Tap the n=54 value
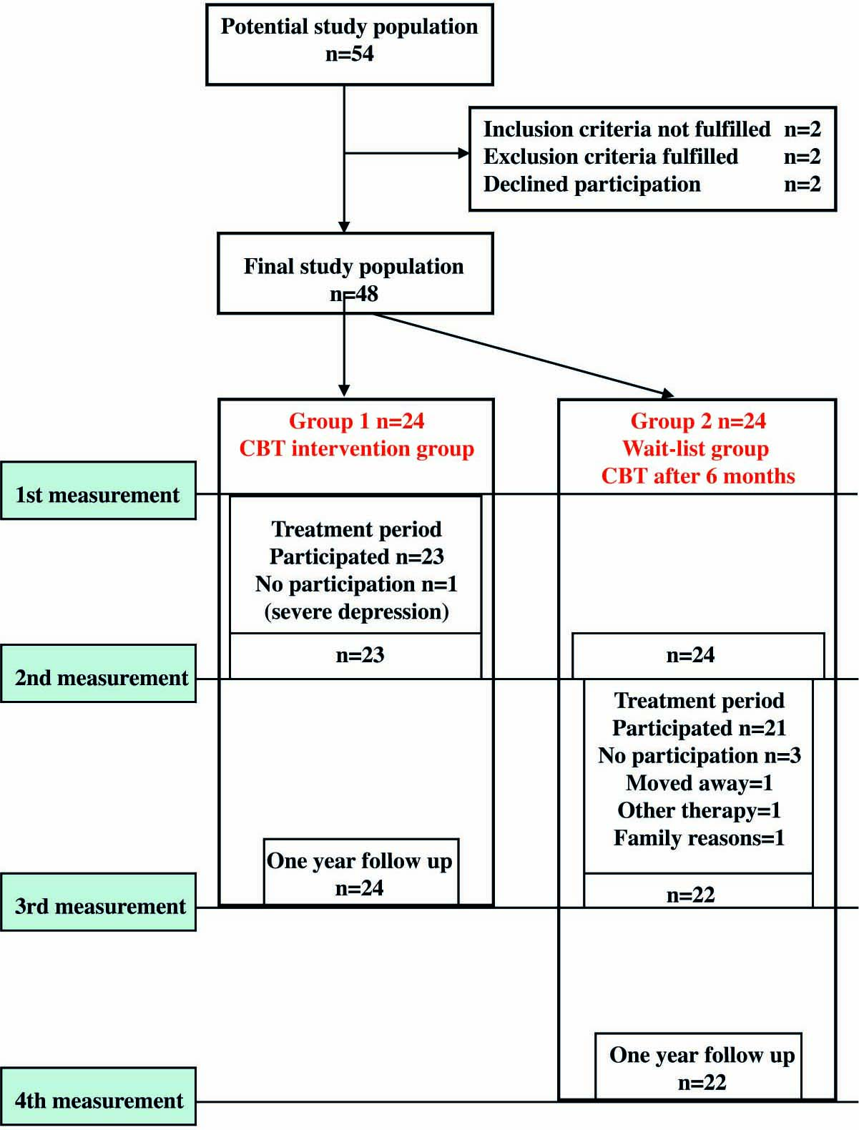349,54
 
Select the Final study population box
355,273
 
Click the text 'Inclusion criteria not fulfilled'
627,129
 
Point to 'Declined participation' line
592,185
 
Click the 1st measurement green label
98,491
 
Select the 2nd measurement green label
99,674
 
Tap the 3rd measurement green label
99,903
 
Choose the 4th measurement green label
99,1097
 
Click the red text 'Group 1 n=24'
356,421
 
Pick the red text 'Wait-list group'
695,449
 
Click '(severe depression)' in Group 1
356,612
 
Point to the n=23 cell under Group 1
360,655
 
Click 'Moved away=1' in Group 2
699,783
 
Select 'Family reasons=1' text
699,838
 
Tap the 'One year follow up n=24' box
360,873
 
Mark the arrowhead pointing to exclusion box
464,153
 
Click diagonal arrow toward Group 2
522,354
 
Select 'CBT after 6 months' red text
697,476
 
